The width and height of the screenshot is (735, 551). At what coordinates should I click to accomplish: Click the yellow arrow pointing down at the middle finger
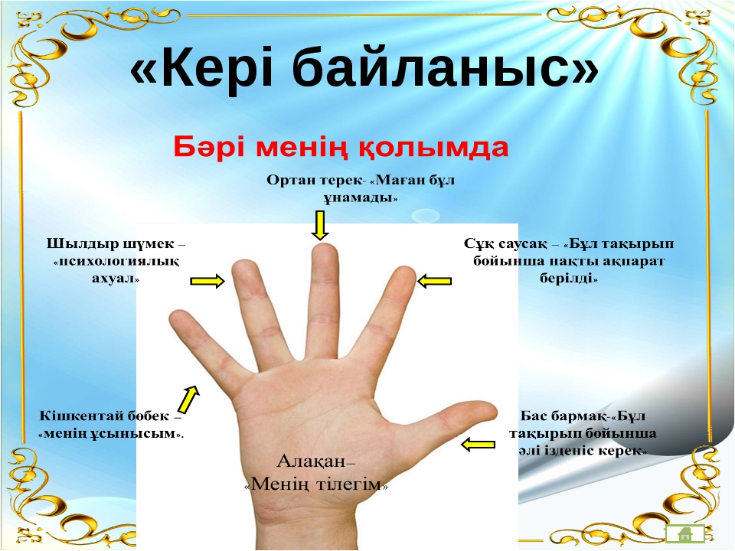point(320,225)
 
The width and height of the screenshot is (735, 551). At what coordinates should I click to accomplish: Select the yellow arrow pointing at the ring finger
point(207,281)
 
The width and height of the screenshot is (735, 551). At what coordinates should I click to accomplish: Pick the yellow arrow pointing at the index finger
point(434,281)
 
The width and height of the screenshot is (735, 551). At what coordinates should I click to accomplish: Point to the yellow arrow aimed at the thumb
point(478,444)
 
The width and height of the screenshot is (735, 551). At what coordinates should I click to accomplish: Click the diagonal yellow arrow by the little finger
point(188,399)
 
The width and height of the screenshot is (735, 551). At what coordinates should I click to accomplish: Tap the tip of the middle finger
point(324,245)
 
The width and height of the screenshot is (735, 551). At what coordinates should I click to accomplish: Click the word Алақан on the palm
point(312,461)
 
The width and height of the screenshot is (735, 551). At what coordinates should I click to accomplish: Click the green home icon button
point(684,533)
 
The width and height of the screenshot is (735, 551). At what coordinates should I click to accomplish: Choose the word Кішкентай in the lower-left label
point(80,416)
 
